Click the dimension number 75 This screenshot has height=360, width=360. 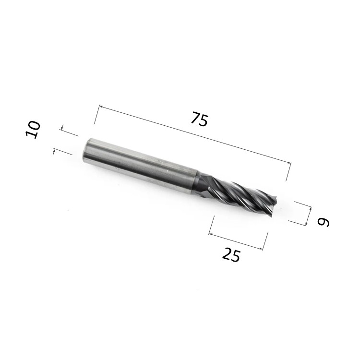(x=200, y=119)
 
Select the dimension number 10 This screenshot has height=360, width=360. (x=33, y=129)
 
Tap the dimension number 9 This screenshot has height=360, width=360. (x=323, y=222)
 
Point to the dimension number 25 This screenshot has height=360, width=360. (x=231, y=254)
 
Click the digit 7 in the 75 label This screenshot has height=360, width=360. (x=196, y=117)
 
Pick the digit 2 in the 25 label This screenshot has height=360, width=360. (x=228, y=253)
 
